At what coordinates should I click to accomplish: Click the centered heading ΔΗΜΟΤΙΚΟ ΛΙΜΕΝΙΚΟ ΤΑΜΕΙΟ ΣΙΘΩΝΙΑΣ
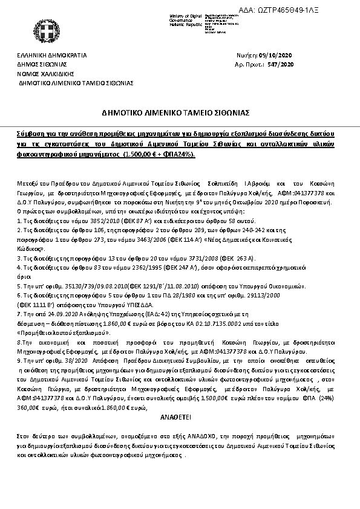(180, 112)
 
